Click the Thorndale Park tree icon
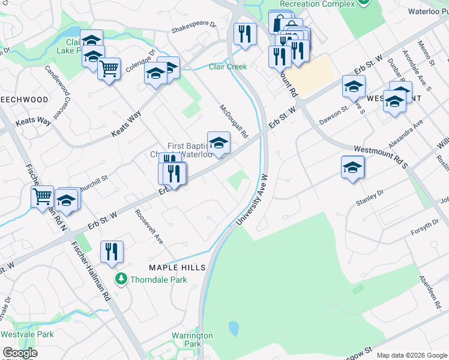(121, 279)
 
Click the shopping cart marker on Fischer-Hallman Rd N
(42, 196)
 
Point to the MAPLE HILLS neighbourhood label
(177, 267)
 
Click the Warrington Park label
(192, 340)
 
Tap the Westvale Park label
(27, 334)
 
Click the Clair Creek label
(228, 67)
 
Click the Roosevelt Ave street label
(149, 226)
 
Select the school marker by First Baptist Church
(218, 143)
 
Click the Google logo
(20, 353)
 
